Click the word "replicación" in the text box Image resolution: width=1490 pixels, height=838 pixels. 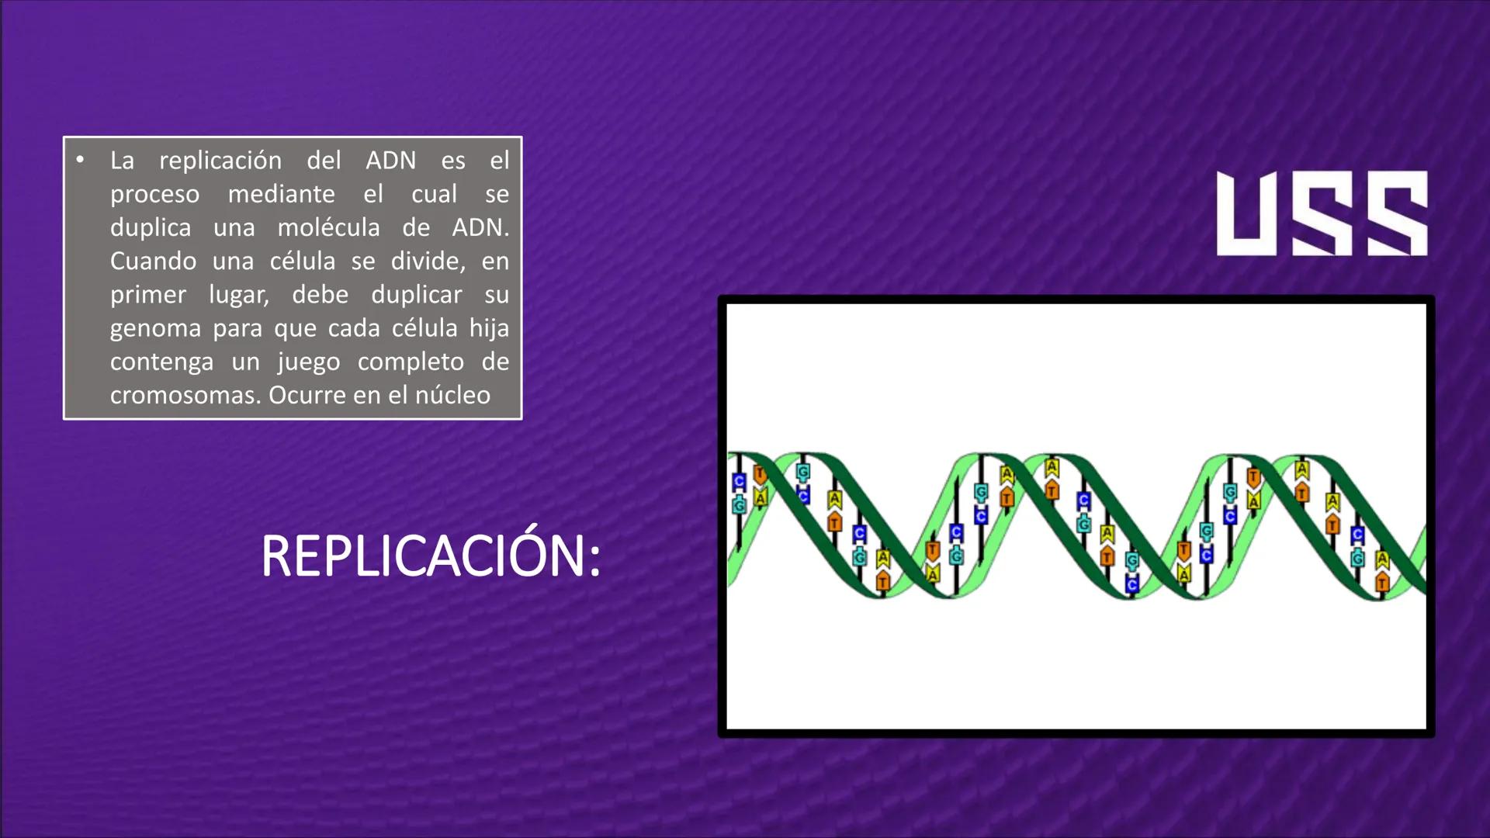220,161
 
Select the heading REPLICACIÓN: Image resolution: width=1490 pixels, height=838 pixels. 431,556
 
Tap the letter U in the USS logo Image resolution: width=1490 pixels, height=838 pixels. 1249,213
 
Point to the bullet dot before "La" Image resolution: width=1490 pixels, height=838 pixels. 80,160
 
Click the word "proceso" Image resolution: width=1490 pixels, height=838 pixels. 154,195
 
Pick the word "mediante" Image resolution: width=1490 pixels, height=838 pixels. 281,194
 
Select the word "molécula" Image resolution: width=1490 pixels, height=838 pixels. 329,227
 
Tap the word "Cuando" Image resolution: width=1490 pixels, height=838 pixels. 153,261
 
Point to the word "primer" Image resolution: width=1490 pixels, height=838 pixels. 147,295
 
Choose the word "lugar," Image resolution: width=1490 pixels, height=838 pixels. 238,296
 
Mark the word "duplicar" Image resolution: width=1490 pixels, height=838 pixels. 416,295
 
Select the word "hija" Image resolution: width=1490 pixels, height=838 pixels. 489,328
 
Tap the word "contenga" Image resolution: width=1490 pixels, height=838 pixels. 161,362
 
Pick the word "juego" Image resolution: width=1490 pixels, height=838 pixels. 309,362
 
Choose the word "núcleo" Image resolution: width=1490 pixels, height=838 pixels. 452,396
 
